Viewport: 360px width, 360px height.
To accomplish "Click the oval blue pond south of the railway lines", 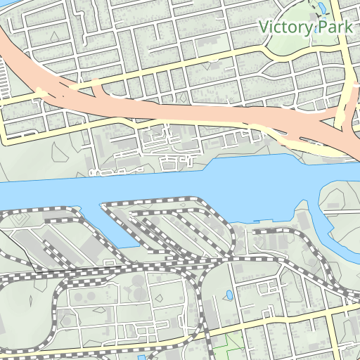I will (229, 295).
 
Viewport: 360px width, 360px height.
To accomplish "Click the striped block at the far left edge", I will (6, 77).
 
